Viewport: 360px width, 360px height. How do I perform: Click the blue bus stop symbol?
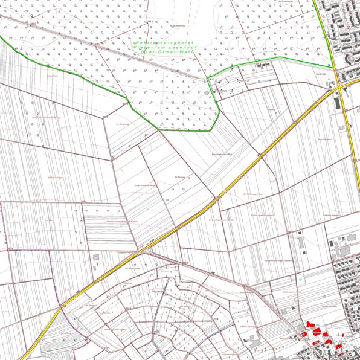[301, 279]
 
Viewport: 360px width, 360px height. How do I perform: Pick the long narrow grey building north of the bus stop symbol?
[299, 244]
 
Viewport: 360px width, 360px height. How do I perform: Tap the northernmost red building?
[312, 324]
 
